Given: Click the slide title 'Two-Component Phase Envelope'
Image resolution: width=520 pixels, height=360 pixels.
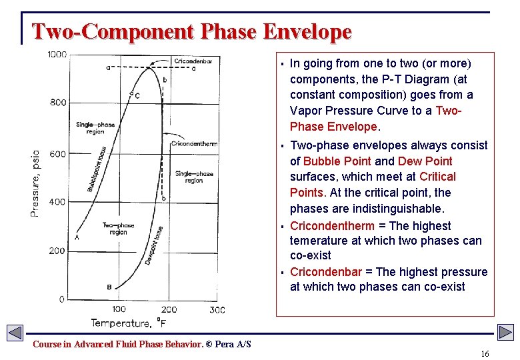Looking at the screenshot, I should point(191,31).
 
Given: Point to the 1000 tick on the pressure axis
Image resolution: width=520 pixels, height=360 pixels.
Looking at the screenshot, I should point(57,54).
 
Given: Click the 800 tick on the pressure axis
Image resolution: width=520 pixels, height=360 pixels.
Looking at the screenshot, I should point(58,103).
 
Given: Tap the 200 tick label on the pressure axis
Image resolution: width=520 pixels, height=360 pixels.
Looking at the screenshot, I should point(58,251).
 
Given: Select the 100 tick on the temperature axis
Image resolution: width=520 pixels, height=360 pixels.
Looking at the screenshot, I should point(118,309).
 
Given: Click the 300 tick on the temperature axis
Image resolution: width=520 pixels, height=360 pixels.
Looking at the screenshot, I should point(217,309).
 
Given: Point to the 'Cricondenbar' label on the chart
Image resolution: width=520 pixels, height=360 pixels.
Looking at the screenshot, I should point(193,61).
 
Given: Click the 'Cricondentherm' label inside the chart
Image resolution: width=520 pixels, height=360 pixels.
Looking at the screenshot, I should point(194,143).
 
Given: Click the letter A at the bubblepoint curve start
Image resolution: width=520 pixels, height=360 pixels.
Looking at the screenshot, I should point(77,237).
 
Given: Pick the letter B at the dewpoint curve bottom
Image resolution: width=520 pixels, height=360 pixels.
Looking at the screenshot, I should point(109,287).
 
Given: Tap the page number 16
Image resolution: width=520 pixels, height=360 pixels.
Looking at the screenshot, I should point(485,353).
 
